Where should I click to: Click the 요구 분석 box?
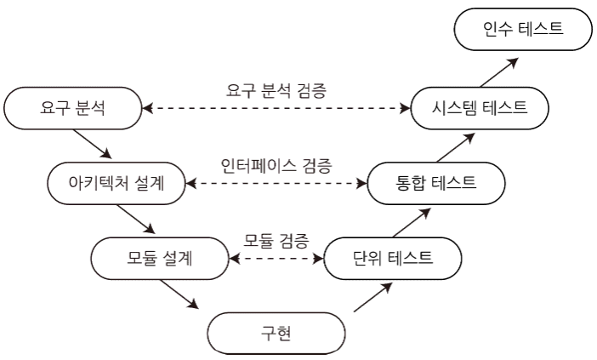[71, 109]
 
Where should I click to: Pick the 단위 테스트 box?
[394, 256]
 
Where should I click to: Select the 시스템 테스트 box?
[479, 109]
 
